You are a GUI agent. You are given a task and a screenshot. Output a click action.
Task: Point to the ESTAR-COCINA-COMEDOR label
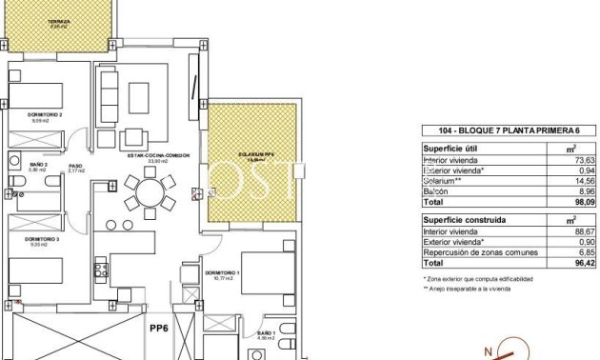click(153, 156)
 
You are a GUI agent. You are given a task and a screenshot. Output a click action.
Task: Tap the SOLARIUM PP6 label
click(255, 154)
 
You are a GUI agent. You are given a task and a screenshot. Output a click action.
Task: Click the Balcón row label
click(437, 190)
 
